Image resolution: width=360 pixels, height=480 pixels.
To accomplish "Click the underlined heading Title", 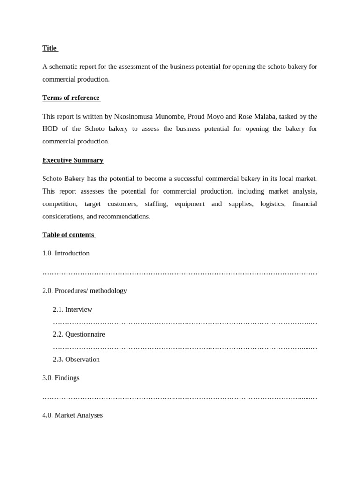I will click(49, 48).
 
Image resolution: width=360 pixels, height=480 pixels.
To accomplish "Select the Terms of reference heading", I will click(71, 97).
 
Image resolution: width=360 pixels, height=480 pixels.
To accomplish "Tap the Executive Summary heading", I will click(73, 160).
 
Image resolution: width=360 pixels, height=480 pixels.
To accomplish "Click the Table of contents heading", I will click(68, 234).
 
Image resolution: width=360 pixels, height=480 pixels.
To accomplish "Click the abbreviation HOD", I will click(51, 128).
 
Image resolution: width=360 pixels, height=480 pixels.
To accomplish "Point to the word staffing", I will click(156, 204).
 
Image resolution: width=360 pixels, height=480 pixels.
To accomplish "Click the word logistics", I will click(273, 204).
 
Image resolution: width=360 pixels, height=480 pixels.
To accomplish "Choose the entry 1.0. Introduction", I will click(66, 253).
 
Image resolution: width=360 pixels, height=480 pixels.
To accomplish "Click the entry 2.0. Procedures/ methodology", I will click(84, 290).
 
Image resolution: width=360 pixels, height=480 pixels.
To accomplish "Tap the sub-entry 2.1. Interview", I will click(73, 309).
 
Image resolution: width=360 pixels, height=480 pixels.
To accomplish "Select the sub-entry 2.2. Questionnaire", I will click(79, 334).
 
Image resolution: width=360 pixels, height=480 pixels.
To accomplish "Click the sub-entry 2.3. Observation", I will click(76, 359).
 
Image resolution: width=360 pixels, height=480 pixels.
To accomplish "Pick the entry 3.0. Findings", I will click(61, 378).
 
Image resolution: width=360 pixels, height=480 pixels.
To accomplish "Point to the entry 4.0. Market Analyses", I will click(72, 415).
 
